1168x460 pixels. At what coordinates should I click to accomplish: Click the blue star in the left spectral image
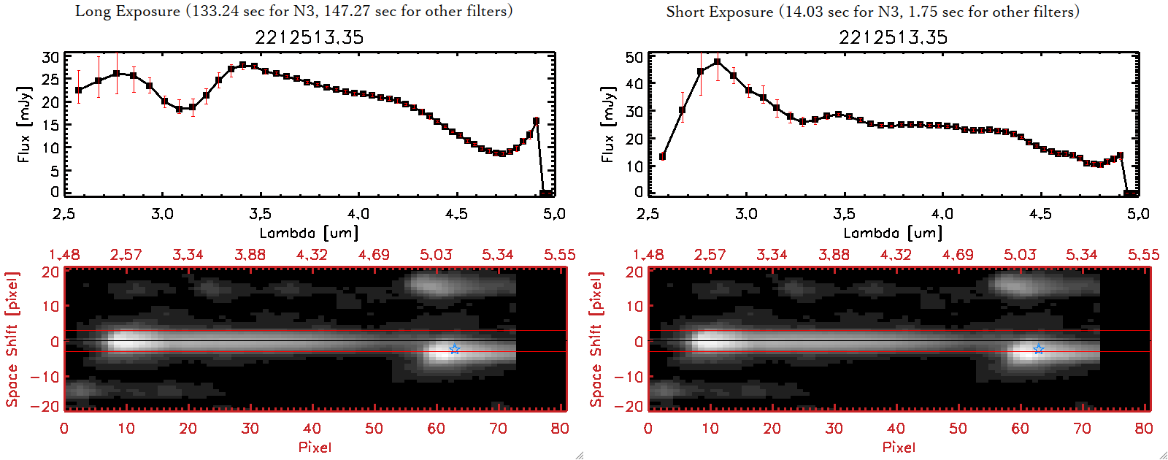pos(455,349)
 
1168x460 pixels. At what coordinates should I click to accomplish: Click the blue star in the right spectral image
pos(1039,349)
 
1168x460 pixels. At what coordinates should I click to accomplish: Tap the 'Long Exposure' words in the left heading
pos(127,11)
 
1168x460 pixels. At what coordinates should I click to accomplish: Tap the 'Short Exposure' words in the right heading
pos(719,12)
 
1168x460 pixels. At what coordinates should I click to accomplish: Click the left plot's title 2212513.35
pos(309,37)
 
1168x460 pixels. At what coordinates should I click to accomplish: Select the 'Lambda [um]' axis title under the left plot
pos(309,233)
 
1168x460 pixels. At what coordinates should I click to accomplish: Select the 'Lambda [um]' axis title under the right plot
pos(893,233)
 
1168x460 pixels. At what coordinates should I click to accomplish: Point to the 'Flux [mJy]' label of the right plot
pos(607,123)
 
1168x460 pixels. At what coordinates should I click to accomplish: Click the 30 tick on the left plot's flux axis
pos(50,57)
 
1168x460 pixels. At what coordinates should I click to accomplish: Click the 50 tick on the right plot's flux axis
pos(634,57)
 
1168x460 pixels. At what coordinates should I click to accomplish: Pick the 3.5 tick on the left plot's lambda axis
pos(260,214)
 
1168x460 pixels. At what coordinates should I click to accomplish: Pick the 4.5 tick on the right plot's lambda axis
pos(1040,214)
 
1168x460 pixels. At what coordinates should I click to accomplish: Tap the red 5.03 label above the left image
pos(436,255)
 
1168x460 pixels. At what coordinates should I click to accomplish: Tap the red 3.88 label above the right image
pos(834,255)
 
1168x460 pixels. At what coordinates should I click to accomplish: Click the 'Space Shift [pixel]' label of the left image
pos(12,340)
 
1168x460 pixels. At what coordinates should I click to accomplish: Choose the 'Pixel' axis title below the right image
pos(899,447)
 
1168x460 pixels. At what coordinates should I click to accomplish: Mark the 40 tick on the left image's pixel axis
pos(312,429)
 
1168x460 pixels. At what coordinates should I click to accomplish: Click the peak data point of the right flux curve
pos(718,62)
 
